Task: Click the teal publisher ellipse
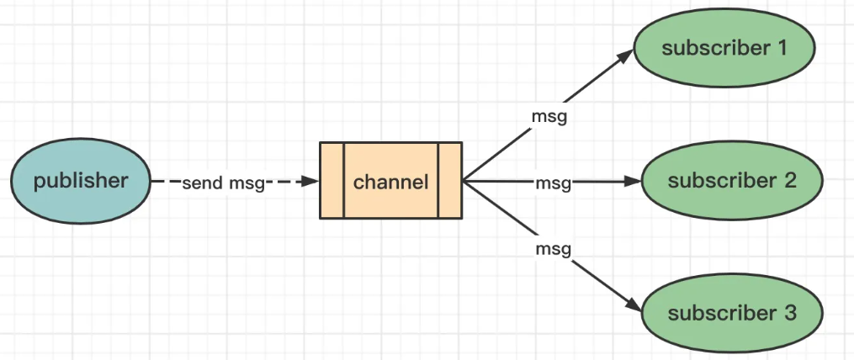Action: [81, 181]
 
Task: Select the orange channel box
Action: [390, 180]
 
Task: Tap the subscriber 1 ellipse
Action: [724, 48]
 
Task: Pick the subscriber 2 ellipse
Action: [731, 180]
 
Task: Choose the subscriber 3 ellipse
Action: [731, 313]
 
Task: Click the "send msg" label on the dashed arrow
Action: [223, 183]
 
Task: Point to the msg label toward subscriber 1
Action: [549, 117]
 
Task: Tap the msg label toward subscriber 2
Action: [554, 183]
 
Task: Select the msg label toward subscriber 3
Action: [554, 250]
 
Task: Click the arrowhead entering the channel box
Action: [311, 181]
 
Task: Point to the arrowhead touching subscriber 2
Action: [634, 181]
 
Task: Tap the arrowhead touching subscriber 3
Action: [634, 305]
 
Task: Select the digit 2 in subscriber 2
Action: [790, 180]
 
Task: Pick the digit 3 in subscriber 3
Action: [790, 313]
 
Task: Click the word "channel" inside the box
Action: [391, 182]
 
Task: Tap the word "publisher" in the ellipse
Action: [81, 181]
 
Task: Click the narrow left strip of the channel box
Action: [332, 180]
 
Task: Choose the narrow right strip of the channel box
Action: [450, 180]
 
